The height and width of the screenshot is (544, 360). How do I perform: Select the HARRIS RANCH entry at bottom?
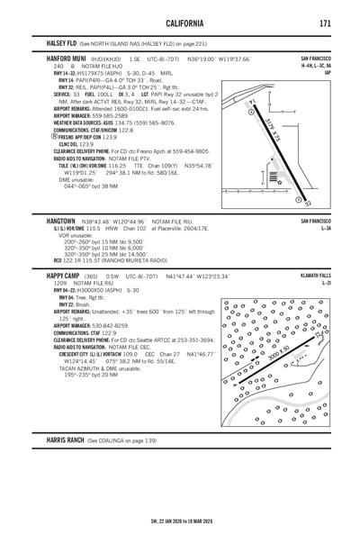pyautogui.click(x=70, y=440)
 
